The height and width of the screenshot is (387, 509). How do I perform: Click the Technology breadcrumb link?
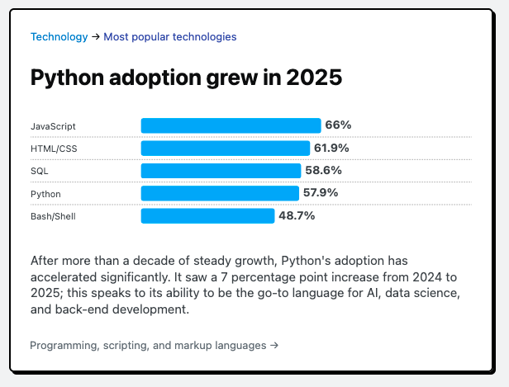pos(59,36)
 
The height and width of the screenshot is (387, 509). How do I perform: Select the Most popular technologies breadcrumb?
pos(169,36)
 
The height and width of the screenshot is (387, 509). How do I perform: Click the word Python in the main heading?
pos(72,78)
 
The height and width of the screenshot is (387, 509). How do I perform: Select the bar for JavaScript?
pos(231,125)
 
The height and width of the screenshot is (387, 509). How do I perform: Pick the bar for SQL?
pos(221,171)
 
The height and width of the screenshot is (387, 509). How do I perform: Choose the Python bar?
pos(220,193)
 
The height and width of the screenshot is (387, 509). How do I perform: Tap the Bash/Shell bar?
pos(207,215)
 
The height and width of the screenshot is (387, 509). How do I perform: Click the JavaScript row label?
pos(53,126)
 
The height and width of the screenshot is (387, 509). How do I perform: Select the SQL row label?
pos(40,171)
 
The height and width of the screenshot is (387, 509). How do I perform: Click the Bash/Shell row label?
pos(54,216)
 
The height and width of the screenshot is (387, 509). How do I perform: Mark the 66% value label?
pos(338,125)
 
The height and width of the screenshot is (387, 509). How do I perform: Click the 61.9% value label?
pos(331,149)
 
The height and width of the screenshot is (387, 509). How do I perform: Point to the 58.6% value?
pos(324,171)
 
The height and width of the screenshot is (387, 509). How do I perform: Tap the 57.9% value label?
pos(321,193)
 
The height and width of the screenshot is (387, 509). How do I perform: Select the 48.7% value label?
pos(297,215)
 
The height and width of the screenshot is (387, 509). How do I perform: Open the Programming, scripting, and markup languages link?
pos(154,345)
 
